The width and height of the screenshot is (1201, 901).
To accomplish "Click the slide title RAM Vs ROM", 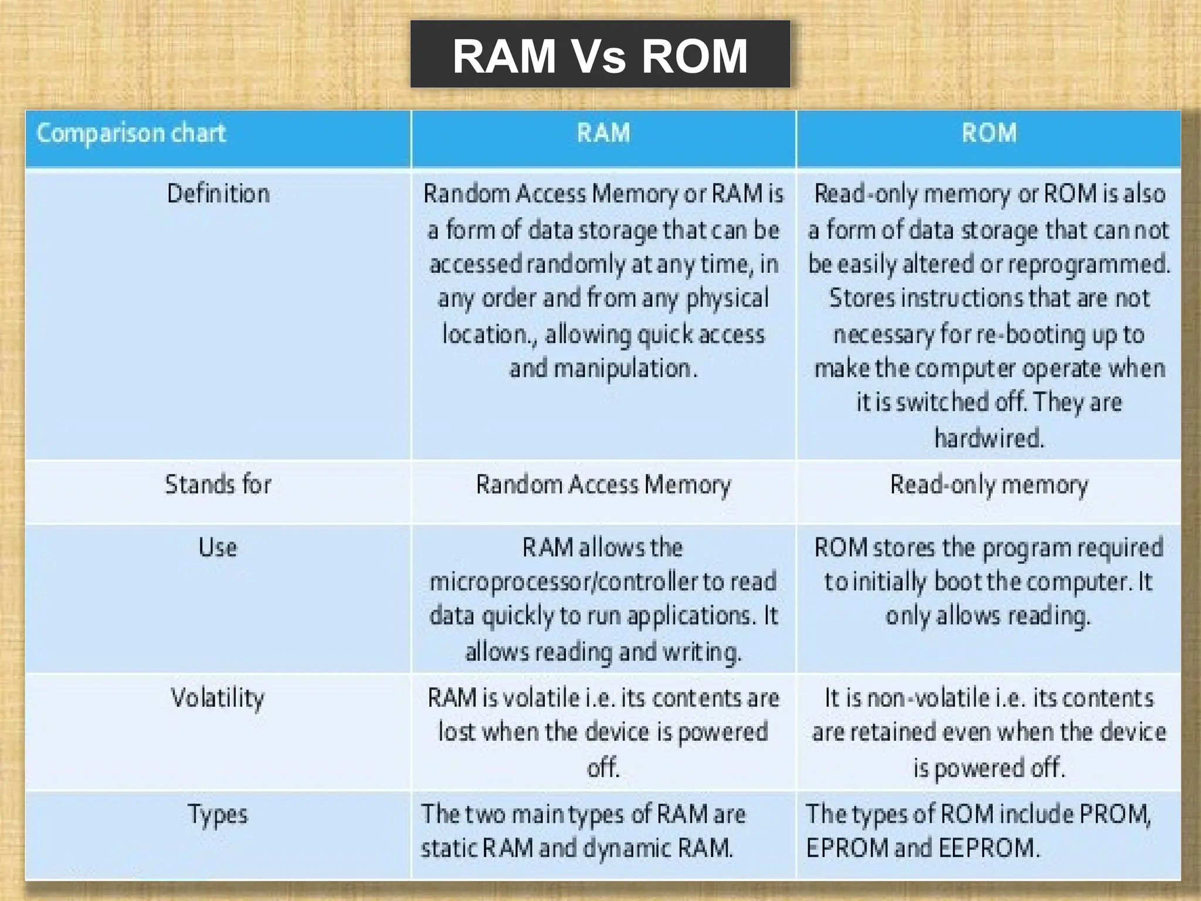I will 600,56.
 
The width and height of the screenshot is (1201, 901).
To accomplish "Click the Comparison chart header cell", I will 131,134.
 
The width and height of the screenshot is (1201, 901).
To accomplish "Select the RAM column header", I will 603,133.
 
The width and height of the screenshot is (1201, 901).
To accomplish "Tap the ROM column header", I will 989,133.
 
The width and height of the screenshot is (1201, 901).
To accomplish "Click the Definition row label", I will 218,194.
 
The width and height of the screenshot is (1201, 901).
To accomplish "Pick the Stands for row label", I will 218,485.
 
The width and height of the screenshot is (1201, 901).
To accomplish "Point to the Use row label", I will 218,547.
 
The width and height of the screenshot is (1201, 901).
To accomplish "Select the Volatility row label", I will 218,698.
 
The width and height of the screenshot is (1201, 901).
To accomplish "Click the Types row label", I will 218,814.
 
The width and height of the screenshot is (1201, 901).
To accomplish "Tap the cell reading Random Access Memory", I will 603,485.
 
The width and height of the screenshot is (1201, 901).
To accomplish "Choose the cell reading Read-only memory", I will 989,485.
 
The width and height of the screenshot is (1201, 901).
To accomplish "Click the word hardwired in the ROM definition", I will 989,438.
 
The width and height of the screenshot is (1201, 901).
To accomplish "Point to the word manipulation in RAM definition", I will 623,369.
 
